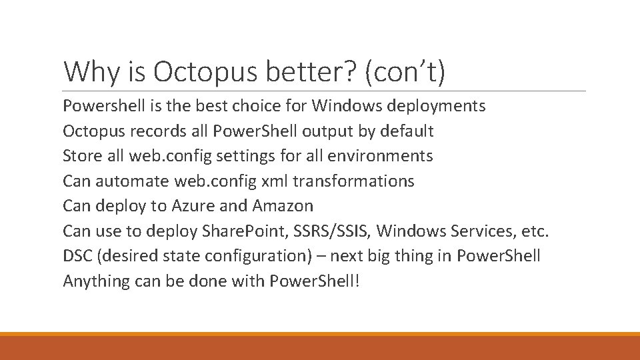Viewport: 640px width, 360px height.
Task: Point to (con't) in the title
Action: click(x=405, y=71)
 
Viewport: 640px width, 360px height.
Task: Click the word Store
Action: click(x=81, y=156)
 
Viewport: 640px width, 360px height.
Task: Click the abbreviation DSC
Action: click(x=77, y=256)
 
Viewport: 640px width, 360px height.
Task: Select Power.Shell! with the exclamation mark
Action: click(x=314, y=281)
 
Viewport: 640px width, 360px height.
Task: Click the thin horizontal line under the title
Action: click(x=324, y=91)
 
